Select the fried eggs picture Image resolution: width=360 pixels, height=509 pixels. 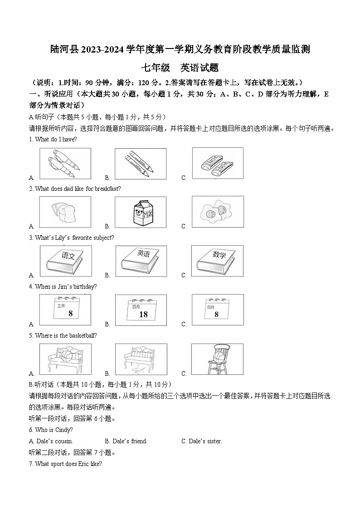[217, 211]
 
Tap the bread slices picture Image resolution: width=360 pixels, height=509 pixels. [65, 212]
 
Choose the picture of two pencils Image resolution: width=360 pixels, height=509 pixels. [141, 163]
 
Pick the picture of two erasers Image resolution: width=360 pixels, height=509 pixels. [217, 163]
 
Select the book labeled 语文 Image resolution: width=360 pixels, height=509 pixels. [65, 261]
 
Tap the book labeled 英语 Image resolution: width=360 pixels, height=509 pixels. [141, 261]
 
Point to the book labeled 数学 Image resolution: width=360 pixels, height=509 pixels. [217, 261]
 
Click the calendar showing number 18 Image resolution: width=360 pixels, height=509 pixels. [141, 310]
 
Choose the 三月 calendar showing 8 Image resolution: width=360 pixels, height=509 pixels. [65, 310]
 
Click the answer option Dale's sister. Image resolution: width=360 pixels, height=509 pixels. [201, 441]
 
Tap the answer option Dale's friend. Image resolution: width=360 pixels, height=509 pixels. [126, 441]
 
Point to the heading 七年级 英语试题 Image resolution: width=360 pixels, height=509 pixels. [180, 68]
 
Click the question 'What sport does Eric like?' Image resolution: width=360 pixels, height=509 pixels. [68, 464]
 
